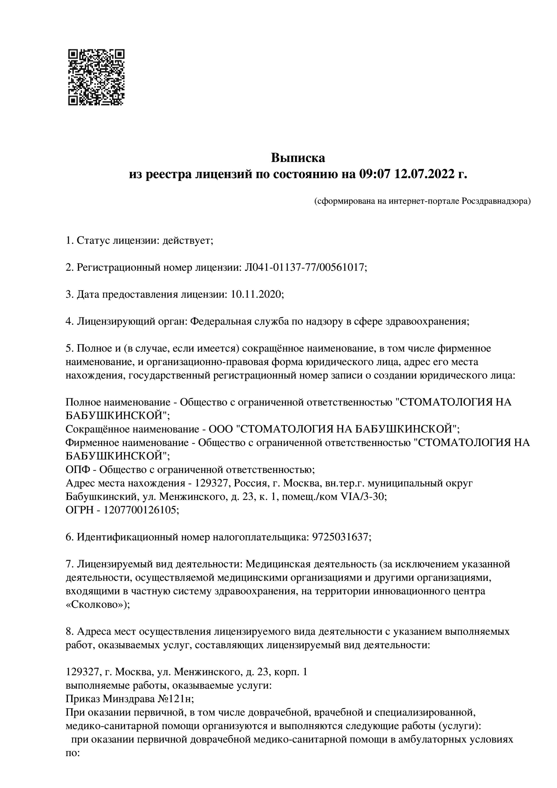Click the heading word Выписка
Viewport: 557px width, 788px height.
(298, 158)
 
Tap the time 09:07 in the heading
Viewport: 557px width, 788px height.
(375, 174)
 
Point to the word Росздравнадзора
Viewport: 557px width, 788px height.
(496, 201)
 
